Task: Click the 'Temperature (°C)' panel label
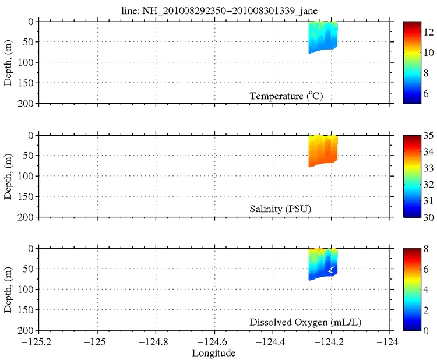point(286,96)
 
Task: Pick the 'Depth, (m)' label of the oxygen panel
point(8,290)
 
